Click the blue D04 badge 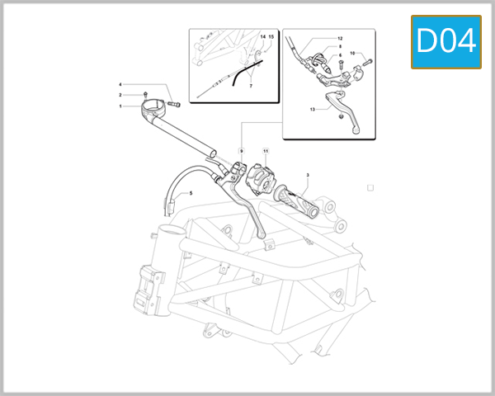[x=445, y=41]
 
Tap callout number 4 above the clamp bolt [x=120, y=85]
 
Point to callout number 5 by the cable [x=191, y=193]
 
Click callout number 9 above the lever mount [x=242, y=151]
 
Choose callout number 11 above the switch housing [x=266, y=151]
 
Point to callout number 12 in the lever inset [x=338, y=39]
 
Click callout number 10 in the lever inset [x=352, y=54]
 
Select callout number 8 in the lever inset [x=338, y=48]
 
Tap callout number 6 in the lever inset [x=338, y=56]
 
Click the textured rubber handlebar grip [x=298, y=201]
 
